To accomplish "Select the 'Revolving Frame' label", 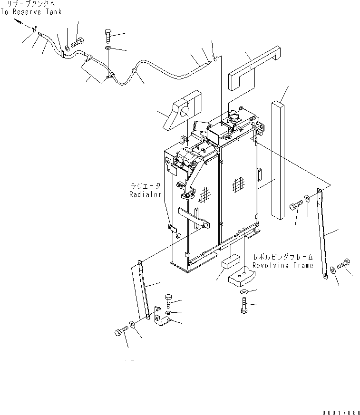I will click(282, 265).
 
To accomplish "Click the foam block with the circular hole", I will click(183, 113).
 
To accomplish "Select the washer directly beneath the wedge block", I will click(243, 291).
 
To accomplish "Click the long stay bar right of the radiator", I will click(324, 233).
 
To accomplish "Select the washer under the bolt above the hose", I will click(108, 48).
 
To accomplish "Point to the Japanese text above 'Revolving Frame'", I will click(282, 256).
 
